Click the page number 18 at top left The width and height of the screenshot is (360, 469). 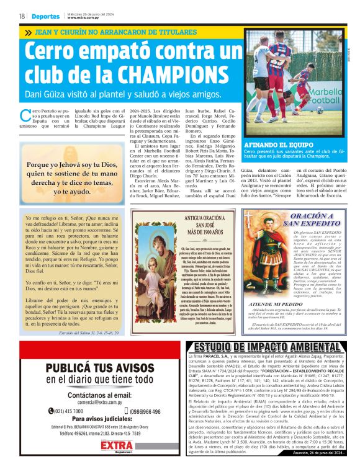tap(22, 16)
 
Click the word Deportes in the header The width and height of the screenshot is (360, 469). tap(47, 16)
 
